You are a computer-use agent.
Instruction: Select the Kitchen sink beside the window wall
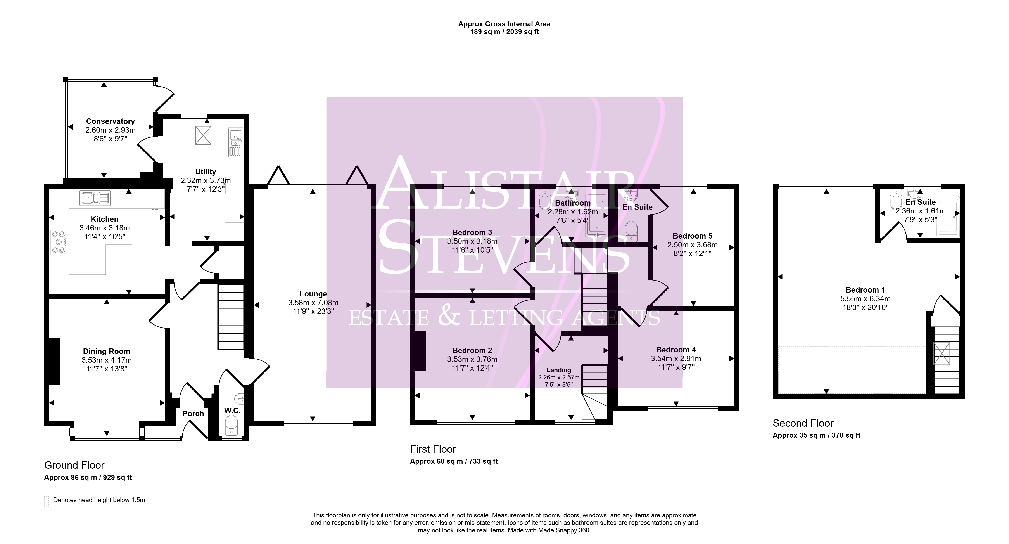click(x=95, y=198)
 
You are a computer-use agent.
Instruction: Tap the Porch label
click(x=193, y=414)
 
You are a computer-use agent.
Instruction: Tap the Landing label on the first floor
click(x=559, y=370)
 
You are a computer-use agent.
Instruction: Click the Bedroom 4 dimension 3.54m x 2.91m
click(x=676, y=359)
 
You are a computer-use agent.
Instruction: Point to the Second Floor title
click(x=803, y=423)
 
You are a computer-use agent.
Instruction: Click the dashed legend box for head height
click(x=47, y=501)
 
